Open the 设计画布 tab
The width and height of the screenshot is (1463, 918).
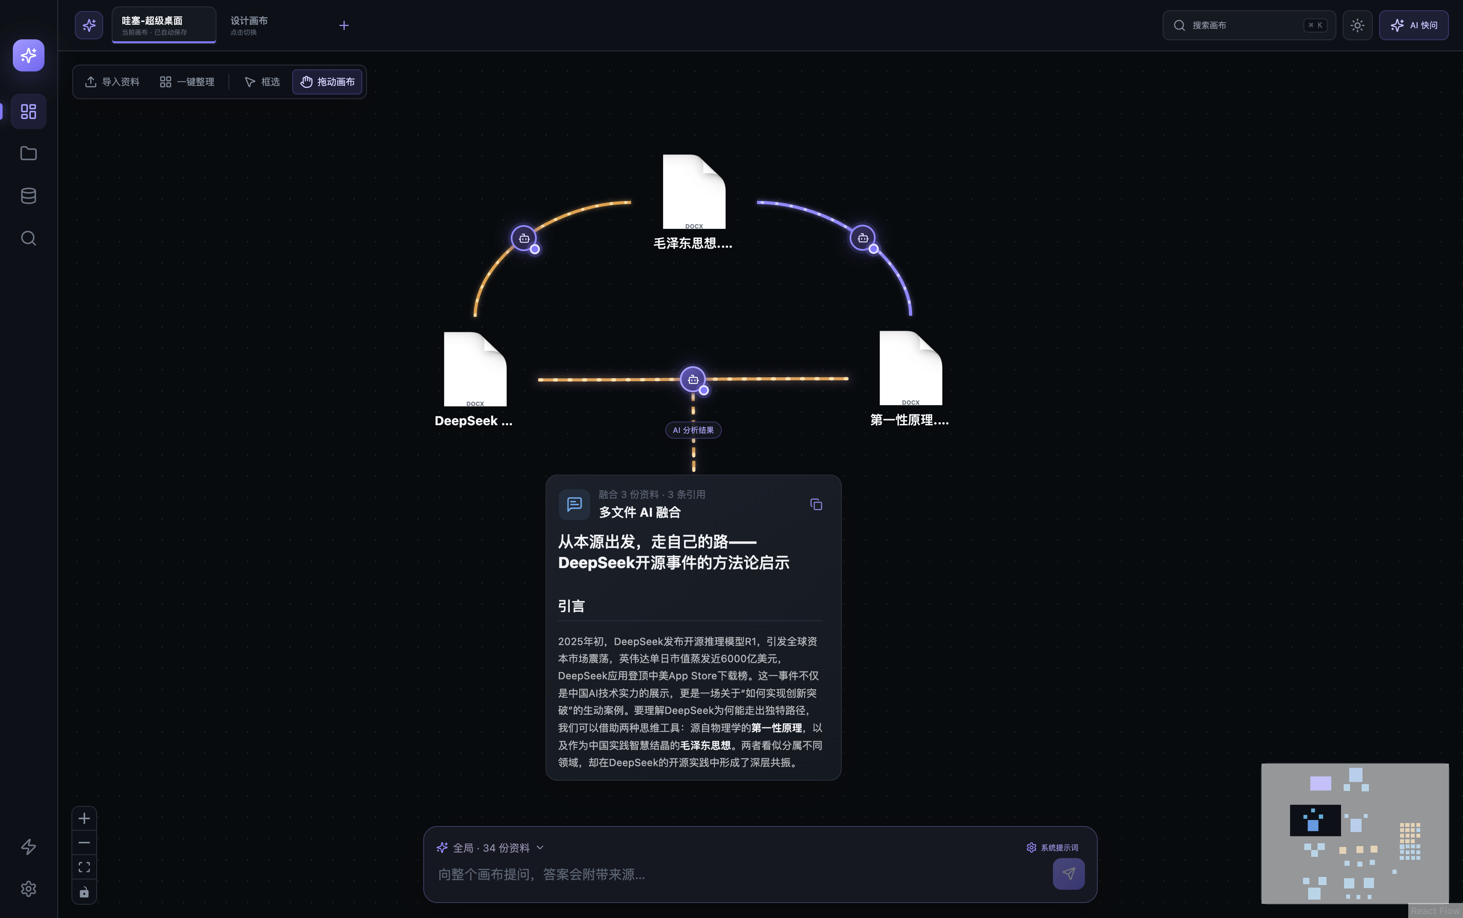pos(249,25)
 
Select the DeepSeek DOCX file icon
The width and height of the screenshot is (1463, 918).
pos(475,369)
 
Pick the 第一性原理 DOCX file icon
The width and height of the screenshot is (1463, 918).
pos(911,368)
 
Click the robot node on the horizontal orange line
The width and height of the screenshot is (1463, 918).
pos(693,379)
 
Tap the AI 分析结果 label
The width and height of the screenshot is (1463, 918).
pos(693,430)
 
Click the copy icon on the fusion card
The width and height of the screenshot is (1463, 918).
pos(816,504)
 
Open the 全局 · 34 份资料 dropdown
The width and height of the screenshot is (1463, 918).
pos(490,847)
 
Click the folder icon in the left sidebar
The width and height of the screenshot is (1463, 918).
pos(29,154)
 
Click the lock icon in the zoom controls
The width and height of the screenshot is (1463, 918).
pos(84,892)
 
